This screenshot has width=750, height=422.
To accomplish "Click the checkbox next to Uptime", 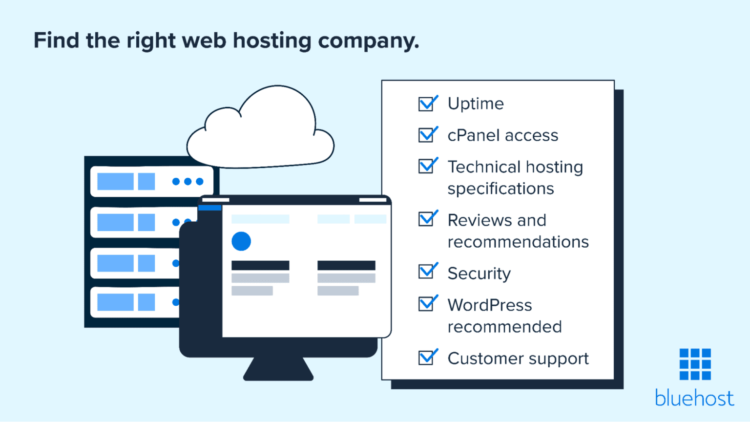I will point(426,104).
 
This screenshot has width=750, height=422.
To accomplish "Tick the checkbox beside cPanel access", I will point(426,135).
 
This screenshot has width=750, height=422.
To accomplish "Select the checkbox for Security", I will point(426,272).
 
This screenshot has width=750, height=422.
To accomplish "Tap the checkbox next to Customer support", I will point(426,358).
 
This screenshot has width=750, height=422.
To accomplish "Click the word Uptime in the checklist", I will point(476,104).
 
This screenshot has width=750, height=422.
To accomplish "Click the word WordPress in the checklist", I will point(490,305).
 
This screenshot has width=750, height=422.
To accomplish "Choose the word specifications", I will point(500,189).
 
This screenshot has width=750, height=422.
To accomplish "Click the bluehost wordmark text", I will point(694,398).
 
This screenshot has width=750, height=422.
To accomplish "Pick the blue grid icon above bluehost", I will point(695,364).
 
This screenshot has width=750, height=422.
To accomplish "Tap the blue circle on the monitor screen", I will point(241,241).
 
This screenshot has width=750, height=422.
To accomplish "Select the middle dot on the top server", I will point(188,182).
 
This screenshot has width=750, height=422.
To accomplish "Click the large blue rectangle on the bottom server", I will point(115,302).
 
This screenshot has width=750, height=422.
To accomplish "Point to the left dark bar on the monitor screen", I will point(260,265).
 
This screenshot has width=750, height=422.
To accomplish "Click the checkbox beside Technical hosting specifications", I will point(426,167).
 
